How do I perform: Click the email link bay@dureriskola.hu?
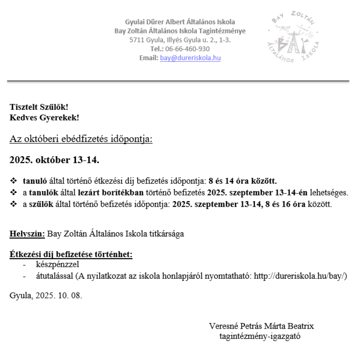(190, 58)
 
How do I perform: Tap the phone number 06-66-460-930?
(187, 49)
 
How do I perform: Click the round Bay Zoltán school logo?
(293, 37)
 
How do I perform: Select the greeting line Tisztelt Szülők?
(39, 107)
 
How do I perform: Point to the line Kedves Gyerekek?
(44, 117)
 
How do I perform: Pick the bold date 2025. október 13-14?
(54, 160)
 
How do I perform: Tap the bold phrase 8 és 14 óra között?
(243, 181)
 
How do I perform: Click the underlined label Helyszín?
(27, 233)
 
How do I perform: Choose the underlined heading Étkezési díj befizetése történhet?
(71, 254)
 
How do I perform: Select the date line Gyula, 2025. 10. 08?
(46, 295)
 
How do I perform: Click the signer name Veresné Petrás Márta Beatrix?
(261, 326)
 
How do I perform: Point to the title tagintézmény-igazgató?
(260, 336)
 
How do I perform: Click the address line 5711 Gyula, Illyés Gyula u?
(180, 40)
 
